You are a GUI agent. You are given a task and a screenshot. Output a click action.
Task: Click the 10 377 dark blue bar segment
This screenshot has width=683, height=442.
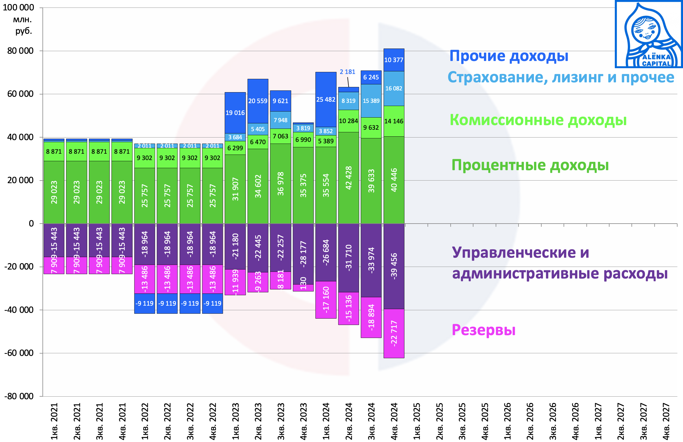pyautogui.click(x=394, y=60)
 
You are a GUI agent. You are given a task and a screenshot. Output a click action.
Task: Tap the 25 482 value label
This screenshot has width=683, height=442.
pyautogui.click(x=326, y=99)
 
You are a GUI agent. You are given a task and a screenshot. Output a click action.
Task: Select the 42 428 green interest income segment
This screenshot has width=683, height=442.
pyautogui.click(x=348, y=178)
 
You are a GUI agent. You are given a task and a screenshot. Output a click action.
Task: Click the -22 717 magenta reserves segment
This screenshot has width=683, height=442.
pyautogui.click(x=394, y=333)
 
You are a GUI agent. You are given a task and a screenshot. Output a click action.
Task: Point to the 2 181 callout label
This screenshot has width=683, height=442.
pyautogui.click(x=347, y=72)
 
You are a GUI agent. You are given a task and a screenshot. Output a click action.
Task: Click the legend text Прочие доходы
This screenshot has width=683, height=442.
pyautogui.click(x=508, y=56)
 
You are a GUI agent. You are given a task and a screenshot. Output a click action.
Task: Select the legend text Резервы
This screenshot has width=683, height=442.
pyautogui.click(x=483, y=330)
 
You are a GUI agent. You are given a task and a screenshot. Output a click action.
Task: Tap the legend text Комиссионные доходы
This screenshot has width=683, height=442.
pyautogui.click(x=538, y=120)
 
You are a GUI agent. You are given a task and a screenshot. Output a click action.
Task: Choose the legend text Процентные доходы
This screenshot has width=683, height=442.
pyautogui.click(x=530, y=165)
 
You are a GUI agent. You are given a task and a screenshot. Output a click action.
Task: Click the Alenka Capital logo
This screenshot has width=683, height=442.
pyautogui.click(x=649, y=34)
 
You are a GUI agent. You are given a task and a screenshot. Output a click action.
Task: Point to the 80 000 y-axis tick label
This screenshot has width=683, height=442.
pyautogui.click(x=20, y=51)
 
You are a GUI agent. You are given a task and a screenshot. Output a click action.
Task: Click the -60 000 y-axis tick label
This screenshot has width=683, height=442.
pyautogui.click(x=19, y=353)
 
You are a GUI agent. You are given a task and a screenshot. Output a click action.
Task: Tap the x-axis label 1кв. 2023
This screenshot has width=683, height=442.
pyautogui.click(x=235, y=421)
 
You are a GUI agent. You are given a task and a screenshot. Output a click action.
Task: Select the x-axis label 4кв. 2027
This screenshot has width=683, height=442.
pyautogui.click(x=666, y=421)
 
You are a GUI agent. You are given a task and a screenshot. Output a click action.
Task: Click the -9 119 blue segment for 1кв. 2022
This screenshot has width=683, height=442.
pyautogui.click(x=144, y=303)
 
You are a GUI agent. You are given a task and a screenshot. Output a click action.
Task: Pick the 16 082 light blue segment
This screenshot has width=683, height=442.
pyautogui.click(x=394, y=88)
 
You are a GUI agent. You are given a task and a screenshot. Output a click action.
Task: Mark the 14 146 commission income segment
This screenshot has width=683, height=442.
pyautogui.click(x=394, y=121)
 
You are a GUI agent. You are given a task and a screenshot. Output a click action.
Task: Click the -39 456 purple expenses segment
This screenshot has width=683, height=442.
pyautogui.click(x=394, y=266)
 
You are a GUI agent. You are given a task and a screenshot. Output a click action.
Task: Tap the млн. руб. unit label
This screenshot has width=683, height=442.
pyautogui.click(x=23, y=25)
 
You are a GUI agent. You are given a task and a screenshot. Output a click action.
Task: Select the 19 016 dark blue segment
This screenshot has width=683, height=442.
pyautogui.click(x=235, y=113)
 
